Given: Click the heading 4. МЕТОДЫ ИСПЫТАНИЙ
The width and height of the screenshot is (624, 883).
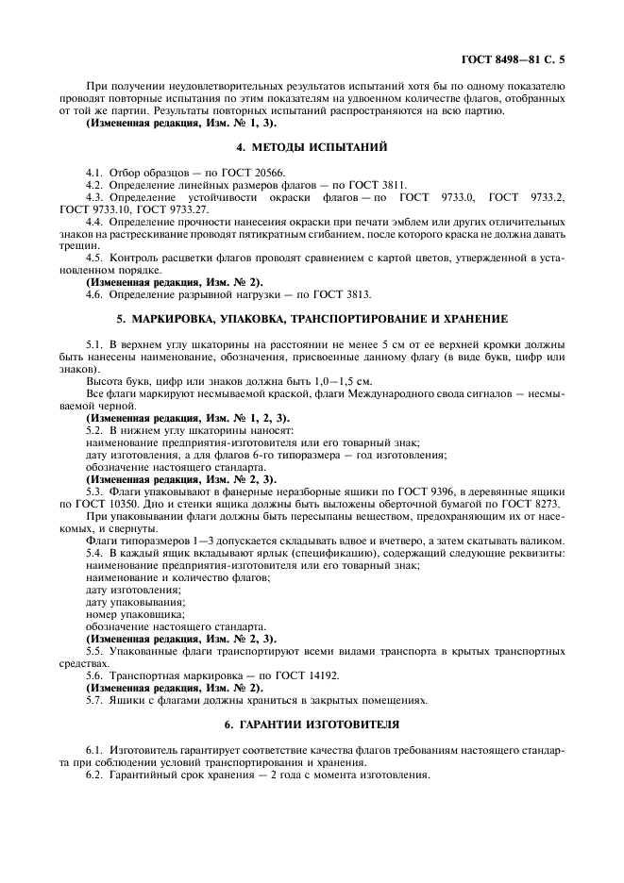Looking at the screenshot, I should click(x=312, y=147).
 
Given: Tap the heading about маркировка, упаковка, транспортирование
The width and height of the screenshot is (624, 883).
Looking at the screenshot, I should click(x=312, y=322).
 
